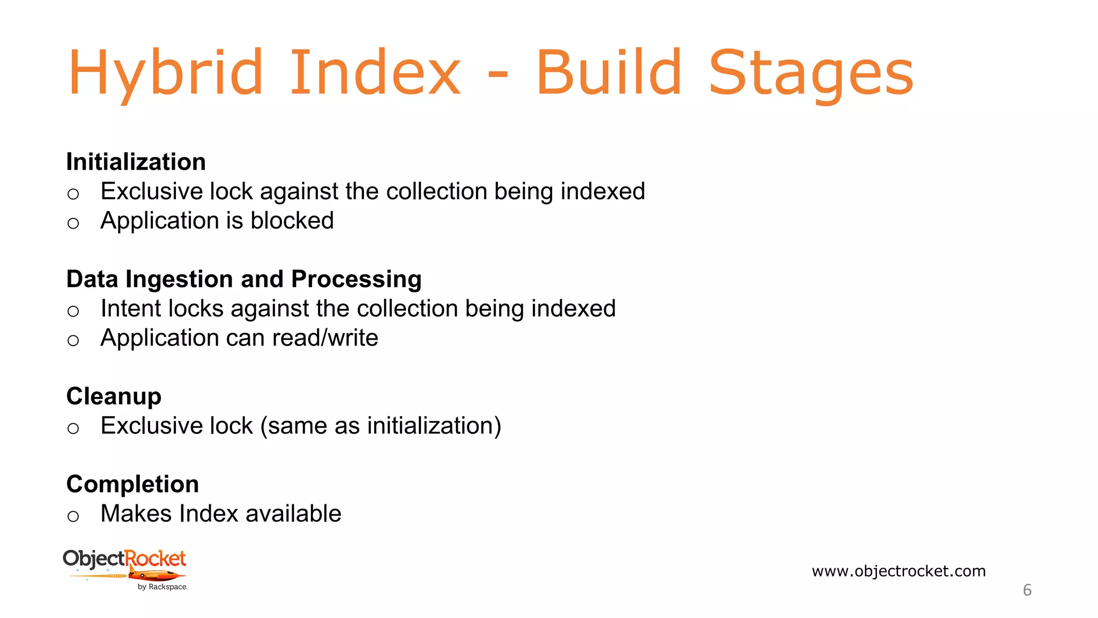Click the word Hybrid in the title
165,73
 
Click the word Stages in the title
811,73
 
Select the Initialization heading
136,162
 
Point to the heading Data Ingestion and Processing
244,279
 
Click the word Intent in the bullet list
131,308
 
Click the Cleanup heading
114,396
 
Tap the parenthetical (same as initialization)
381,426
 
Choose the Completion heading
132,484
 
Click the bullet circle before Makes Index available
73,517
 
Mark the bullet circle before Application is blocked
73,223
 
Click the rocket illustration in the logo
155,576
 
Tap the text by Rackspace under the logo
162,587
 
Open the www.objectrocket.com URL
899,571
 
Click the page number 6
1027,590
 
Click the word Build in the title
609,73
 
